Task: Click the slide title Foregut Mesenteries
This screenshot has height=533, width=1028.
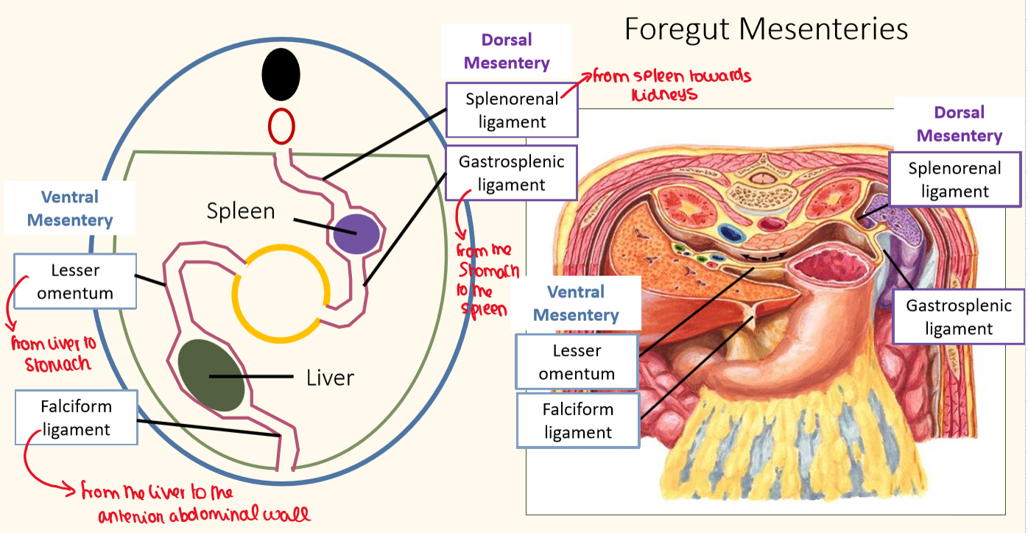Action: [766, 29]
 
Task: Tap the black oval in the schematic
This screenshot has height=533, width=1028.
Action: [281, 74]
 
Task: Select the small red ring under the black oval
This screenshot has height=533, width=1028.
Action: [281, 126]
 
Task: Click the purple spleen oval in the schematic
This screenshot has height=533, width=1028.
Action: [356, 235]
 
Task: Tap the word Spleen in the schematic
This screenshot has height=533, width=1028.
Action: [241, 211]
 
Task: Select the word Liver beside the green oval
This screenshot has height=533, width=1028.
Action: [330, 378]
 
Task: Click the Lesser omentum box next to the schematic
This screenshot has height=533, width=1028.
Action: [75, 281]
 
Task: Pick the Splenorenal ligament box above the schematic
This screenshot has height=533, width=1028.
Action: [512, 110]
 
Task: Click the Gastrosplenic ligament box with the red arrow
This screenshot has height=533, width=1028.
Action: [511, 172]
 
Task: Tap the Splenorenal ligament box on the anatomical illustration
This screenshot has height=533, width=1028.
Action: [954, 180]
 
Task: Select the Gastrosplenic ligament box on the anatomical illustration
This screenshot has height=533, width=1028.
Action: [958, 317]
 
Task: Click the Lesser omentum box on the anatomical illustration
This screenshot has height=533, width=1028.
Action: [577, 361]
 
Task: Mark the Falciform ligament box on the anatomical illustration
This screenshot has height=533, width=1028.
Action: [578, 420]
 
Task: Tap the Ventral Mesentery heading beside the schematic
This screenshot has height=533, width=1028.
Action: [70, 208]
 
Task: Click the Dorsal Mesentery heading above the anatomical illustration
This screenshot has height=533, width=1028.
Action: [959, 124]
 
